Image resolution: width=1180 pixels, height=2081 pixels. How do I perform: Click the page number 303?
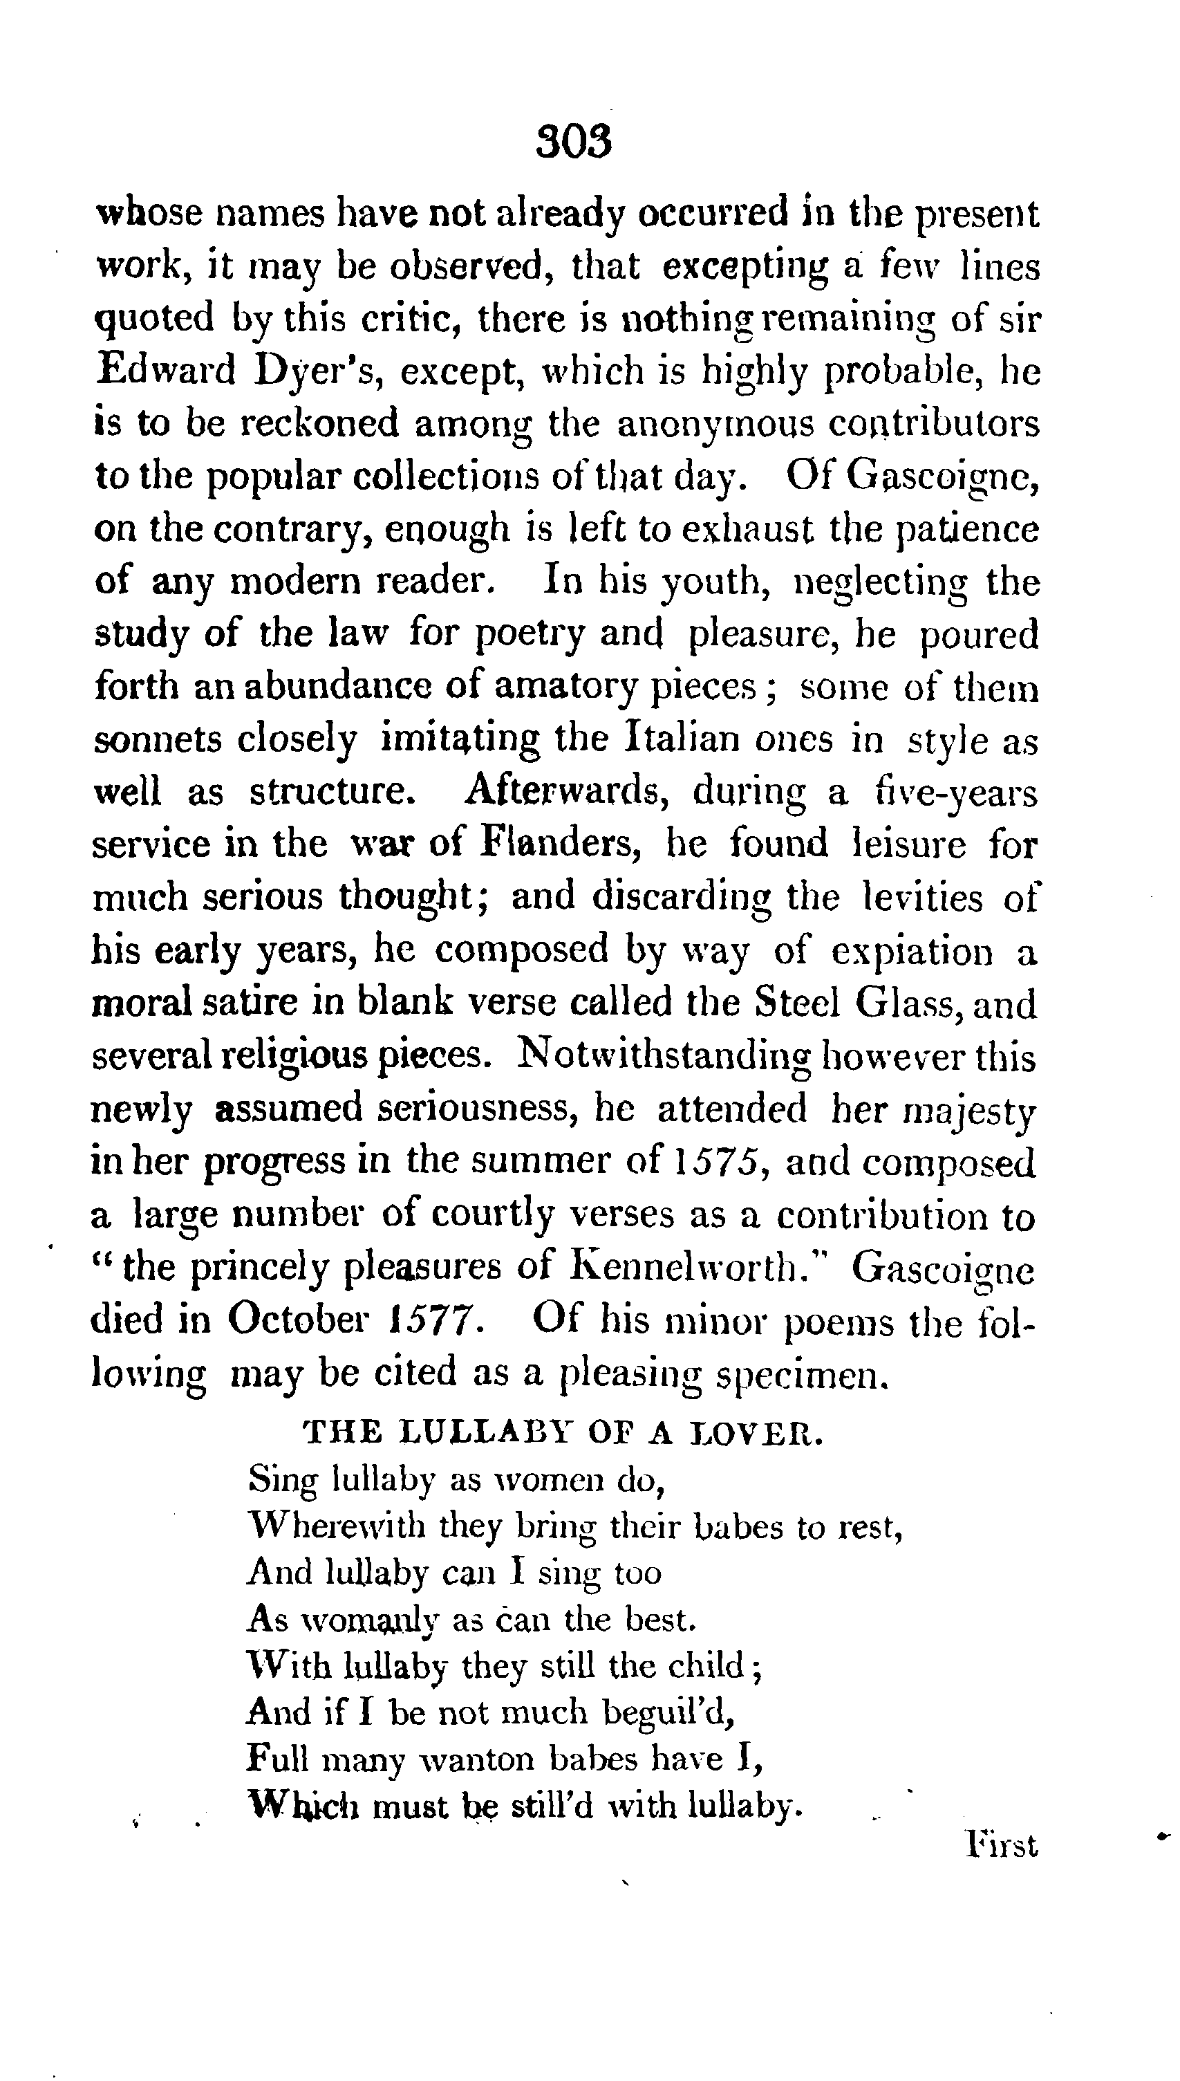pyautogui.click(x=573, y=142)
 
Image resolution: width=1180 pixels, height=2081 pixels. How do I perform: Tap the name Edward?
pyautogui.click(x=165, y=371)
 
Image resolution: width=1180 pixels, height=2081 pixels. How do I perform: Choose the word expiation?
pyautogui.click(x=912, y=950)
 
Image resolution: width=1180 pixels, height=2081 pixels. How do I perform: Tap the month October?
pyautogui.click(x=297, y=1319)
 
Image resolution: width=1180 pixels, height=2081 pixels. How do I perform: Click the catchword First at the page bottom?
pyautogui.click(x=1002, y=1846)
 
